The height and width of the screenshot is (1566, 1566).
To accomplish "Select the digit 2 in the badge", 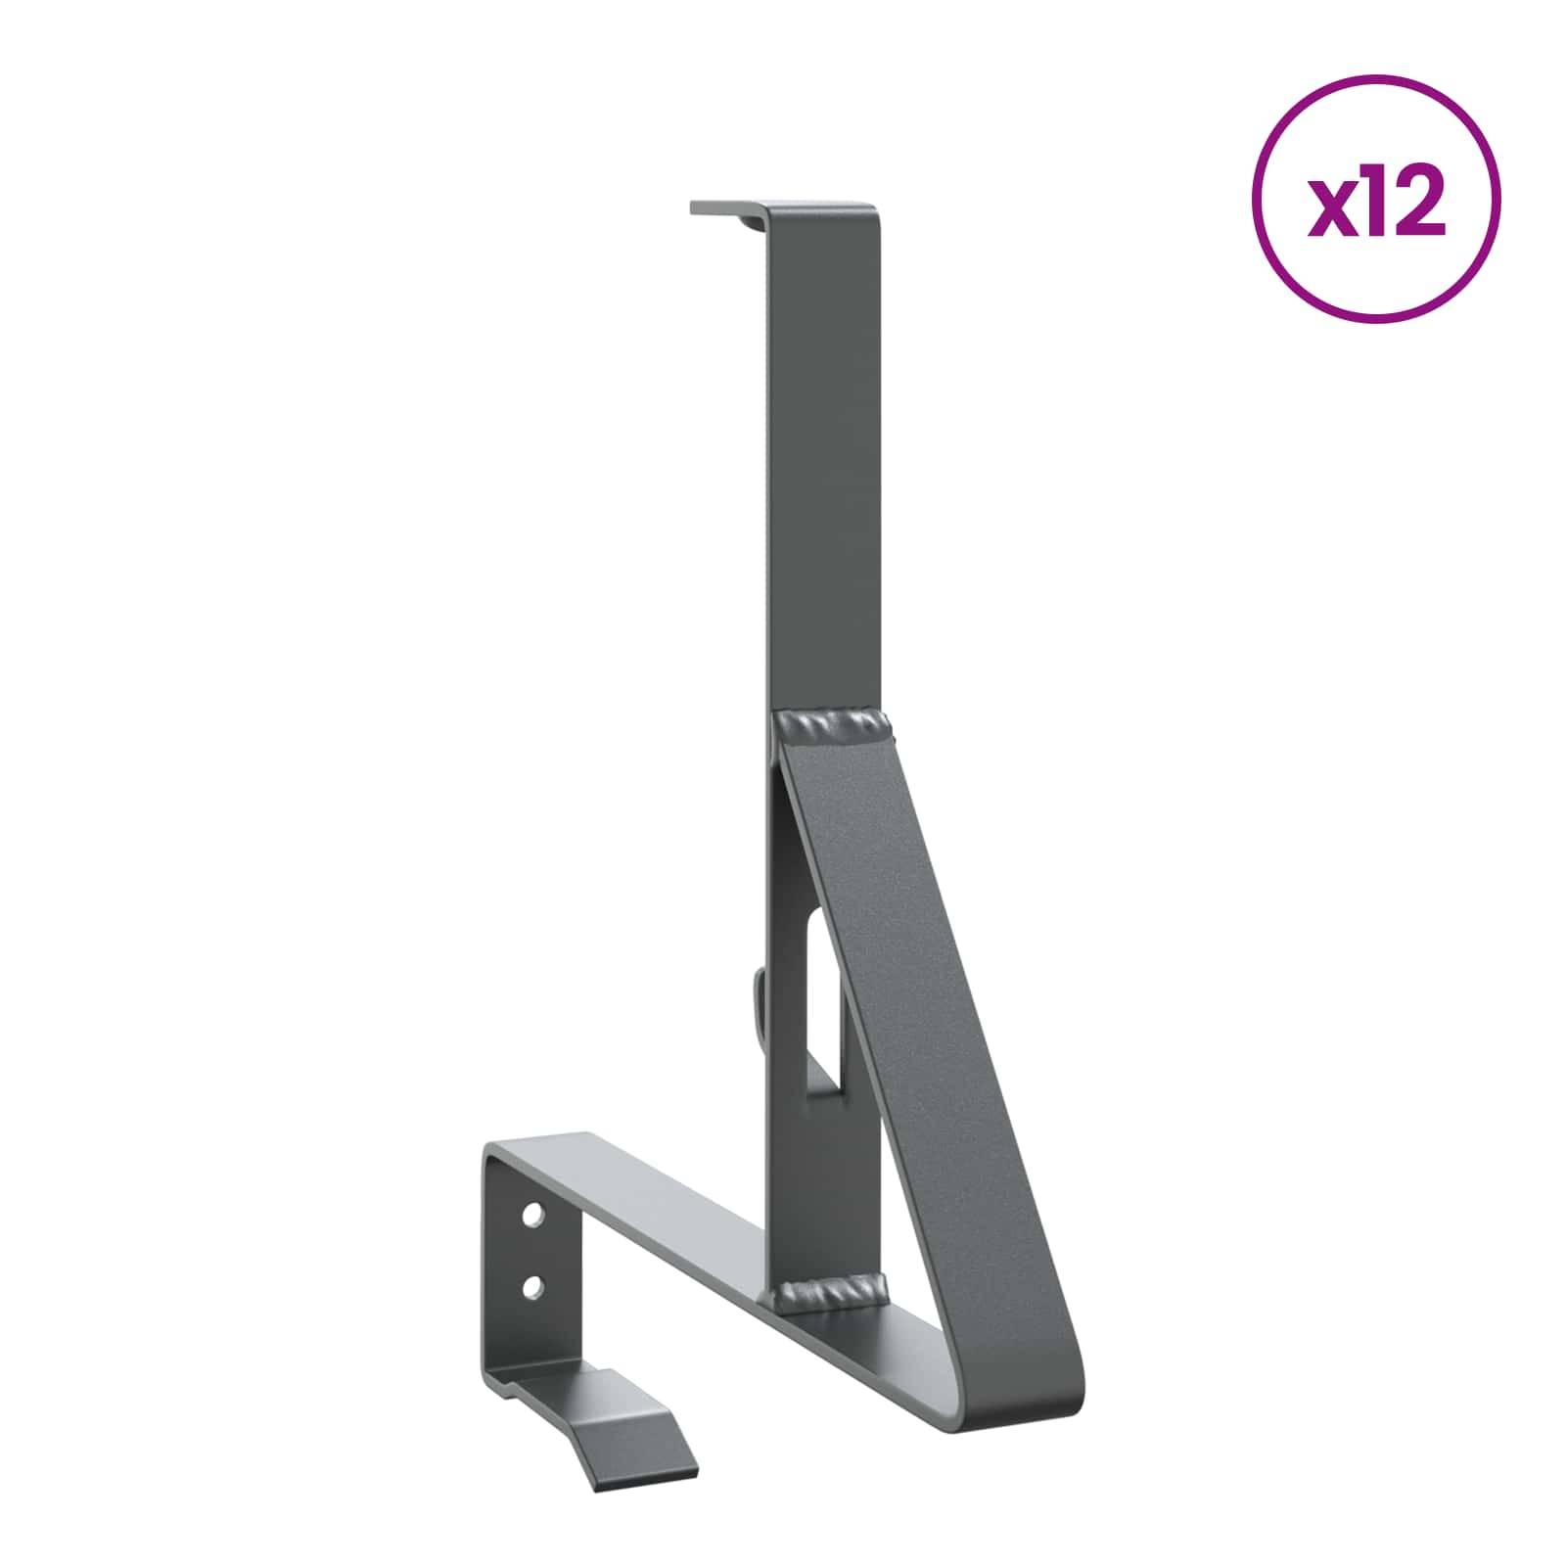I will coord(1420,208).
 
